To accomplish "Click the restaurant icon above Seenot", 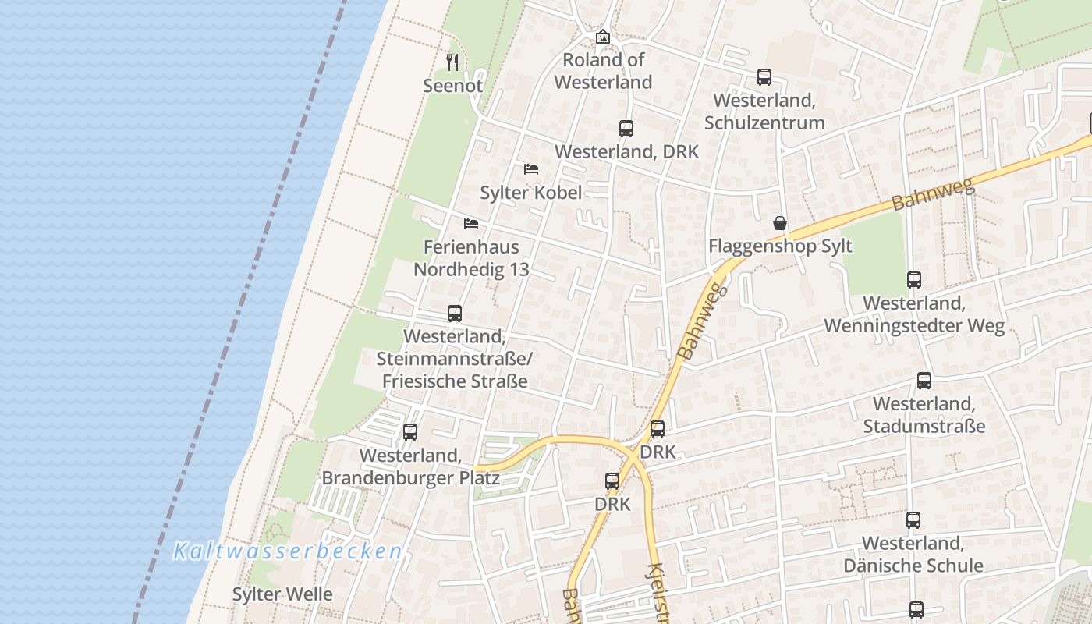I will point(452,62).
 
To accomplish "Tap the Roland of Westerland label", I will point(603,71).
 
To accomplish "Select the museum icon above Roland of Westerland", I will point(602,37).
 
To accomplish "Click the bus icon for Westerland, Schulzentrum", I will point(764,77).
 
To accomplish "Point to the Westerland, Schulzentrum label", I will point(764,112).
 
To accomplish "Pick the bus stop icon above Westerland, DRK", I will point(626,129).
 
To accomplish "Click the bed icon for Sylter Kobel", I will point(531,168).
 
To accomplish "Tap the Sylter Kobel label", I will point(531,192).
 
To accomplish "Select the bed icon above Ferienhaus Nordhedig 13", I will point(471,224).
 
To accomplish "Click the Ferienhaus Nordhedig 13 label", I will point(471,258).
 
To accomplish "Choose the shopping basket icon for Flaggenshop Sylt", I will point(780,224).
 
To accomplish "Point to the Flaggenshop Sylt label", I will point(780,246).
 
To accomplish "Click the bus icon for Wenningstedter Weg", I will point(914,279).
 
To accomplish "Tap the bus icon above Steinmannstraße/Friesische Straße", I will point(455,314).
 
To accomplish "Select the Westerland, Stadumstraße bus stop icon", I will point(924,381).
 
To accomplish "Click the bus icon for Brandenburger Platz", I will point(410,431).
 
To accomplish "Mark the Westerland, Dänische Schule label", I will point(913,554).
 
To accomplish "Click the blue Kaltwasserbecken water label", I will point(287,551).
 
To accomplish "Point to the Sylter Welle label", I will point(282,594).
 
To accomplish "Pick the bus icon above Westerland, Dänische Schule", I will point(913,519).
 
